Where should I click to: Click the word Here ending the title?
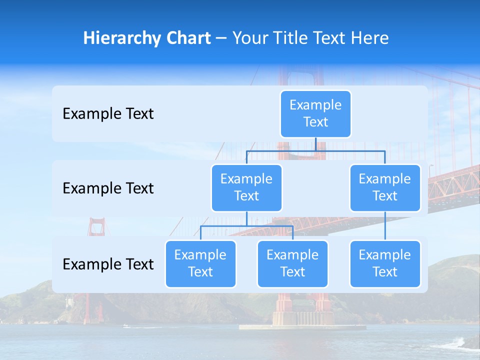coord(369,38)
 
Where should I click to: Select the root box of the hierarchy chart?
coord(315,113)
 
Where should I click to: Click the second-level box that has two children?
coord(246,187)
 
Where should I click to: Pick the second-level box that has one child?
coord(385,187)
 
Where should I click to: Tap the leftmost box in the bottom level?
coord(200,263)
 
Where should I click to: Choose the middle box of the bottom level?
coord(292,263)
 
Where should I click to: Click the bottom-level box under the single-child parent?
coord(385,263)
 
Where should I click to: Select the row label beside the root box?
coord(108,114)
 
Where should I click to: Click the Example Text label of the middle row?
coord(108,188)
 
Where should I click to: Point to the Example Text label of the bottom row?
coord(108,264)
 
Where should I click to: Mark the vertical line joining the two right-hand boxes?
coord(385,225)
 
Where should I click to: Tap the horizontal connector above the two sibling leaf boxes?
coord(246,226)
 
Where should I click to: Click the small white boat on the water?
coord(125,326)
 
